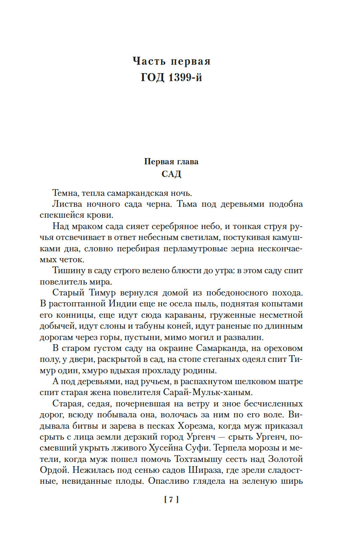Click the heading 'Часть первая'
[x=171, y=61]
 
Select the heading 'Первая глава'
[x=171, y=161]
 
